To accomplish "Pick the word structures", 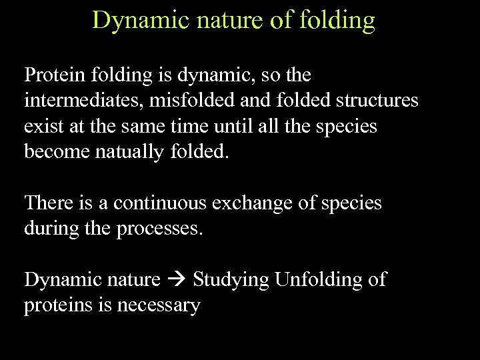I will (x=376, y=101).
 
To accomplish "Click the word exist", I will (x=40, y=126).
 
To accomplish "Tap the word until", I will (x=216, y=126).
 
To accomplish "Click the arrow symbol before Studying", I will (x=177, y=279).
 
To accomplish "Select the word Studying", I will (x=229, y=280).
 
